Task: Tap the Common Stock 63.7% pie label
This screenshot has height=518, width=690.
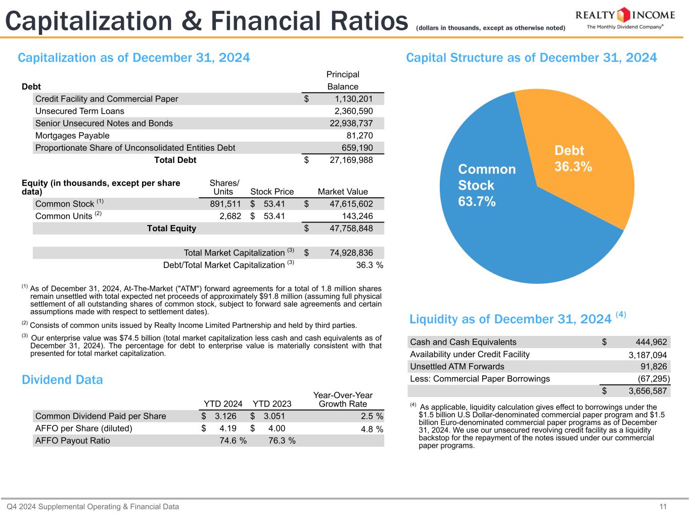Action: coord(486,185)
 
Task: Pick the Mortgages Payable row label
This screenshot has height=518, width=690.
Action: coord(72,136)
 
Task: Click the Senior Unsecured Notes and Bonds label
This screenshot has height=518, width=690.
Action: coord(104,123)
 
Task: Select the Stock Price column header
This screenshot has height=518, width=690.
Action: coord(272,192)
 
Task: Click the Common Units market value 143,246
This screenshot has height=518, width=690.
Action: coord(357,217)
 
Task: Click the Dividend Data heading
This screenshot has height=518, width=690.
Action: coord(62,380)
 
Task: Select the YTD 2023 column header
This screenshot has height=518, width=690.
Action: coord(272,404)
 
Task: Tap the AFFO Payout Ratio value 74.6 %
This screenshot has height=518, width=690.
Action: coord(233,441)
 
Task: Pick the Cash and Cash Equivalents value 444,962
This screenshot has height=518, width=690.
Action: coord(648,342)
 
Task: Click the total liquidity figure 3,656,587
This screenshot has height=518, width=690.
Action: coord(647,391)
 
